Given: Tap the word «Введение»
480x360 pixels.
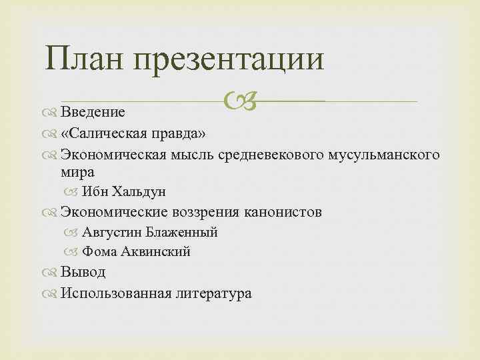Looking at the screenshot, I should pos(93,110).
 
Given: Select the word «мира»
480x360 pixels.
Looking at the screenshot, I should pos(77,171).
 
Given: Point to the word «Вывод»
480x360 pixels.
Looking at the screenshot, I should pos(83,272).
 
